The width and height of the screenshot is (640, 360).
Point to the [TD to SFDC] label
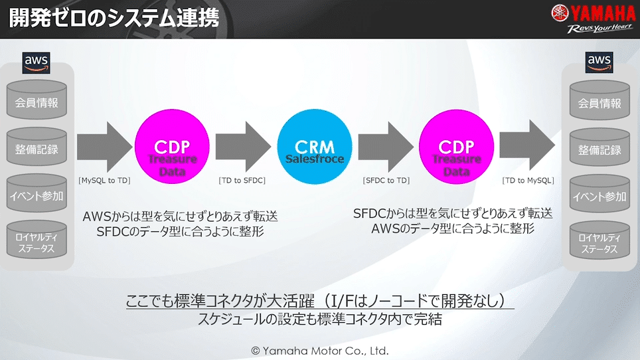coord(243,181)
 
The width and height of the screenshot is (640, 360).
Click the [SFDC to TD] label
coord(386,181)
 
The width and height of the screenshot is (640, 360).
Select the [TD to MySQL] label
coord(528,181)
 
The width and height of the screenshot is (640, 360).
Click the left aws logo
coord(37,61)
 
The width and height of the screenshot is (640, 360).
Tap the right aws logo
coord(598,62)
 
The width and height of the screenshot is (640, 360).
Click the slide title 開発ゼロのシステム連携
coord(114,19)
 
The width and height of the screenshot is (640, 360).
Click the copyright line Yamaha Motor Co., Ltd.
coord(319,351)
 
